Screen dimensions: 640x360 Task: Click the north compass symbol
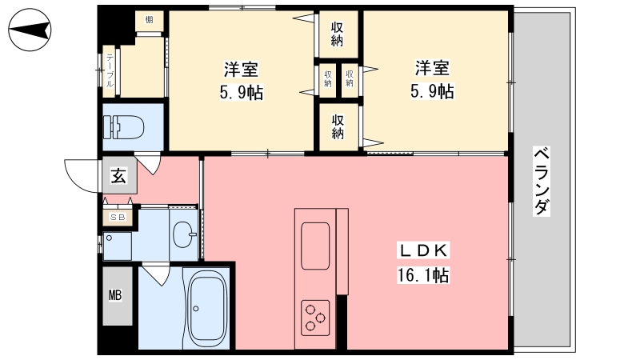coord(30,30)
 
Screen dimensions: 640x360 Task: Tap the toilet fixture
coord(124,127)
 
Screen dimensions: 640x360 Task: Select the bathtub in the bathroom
coord(208,308)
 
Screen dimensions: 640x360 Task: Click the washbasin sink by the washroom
coord(184,234)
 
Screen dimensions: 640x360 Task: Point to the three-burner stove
coord(315,318)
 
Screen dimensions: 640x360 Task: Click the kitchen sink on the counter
coord(315,246)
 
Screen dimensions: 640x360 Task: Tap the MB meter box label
coord(115,295)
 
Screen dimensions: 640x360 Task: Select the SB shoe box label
coord(118,217)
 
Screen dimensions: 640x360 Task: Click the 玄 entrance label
coord(118,175)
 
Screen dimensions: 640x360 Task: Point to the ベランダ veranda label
coord(542,182)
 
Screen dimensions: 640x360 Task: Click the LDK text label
coord(423,250)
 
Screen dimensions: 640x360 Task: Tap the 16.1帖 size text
coord(423,275)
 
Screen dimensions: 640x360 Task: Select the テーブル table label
coord(110,71)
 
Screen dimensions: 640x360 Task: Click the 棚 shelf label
coord(150,19)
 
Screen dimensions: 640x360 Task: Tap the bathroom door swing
coord(157,274)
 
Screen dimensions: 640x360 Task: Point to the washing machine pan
coord(117,246)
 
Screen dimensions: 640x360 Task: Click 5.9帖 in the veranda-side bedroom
coord(432,91)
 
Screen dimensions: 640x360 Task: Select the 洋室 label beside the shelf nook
coord(241,70)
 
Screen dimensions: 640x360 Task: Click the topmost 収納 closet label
coord(337,34)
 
